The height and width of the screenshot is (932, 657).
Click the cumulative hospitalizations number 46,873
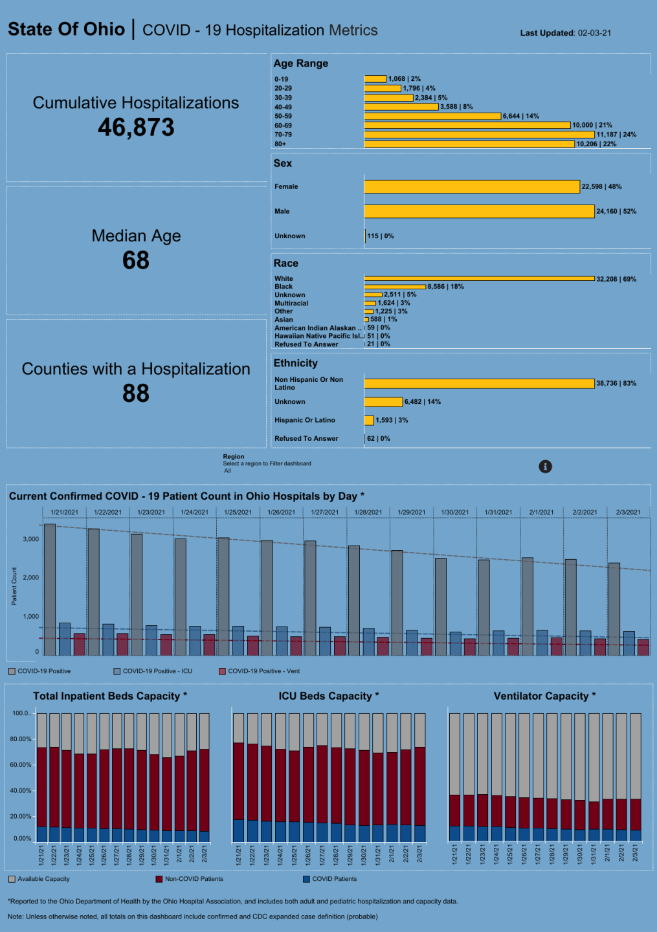point(136,128)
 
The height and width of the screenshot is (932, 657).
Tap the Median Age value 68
point(136,260)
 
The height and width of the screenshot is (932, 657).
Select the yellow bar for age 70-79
point(479,135)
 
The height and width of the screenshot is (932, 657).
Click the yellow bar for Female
point(472,186)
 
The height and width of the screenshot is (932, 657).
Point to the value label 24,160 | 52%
point(616,211)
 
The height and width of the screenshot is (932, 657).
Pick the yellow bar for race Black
point(395,286)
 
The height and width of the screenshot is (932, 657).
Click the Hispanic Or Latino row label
point(305,420)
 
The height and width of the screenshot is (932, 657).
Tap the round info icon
point(546,466)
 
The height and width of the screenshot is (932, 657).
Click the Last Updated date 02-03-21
point(594,33)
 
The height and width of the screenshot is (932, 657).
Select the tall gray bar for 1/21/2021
point(50,589)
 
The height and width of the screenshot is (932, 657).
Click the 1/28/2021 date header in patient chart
point(368,512)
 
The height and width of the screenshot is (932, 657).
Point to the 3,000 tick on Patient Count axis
point(31,539)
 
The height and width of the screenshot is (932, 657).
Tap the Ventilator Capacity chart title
point(544,696)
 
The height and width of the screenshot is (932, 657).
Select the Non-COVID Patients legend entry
point(194,879)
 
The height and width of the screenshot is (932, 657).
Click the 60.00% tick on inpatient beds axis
point(21,764)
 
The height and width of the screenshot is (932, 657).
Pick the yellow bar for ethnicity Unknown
point(383,402)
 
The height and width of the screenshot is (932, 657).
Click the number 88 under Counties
point(136,394)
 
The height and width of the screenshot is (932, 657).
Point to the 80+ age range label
point(280,144)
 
